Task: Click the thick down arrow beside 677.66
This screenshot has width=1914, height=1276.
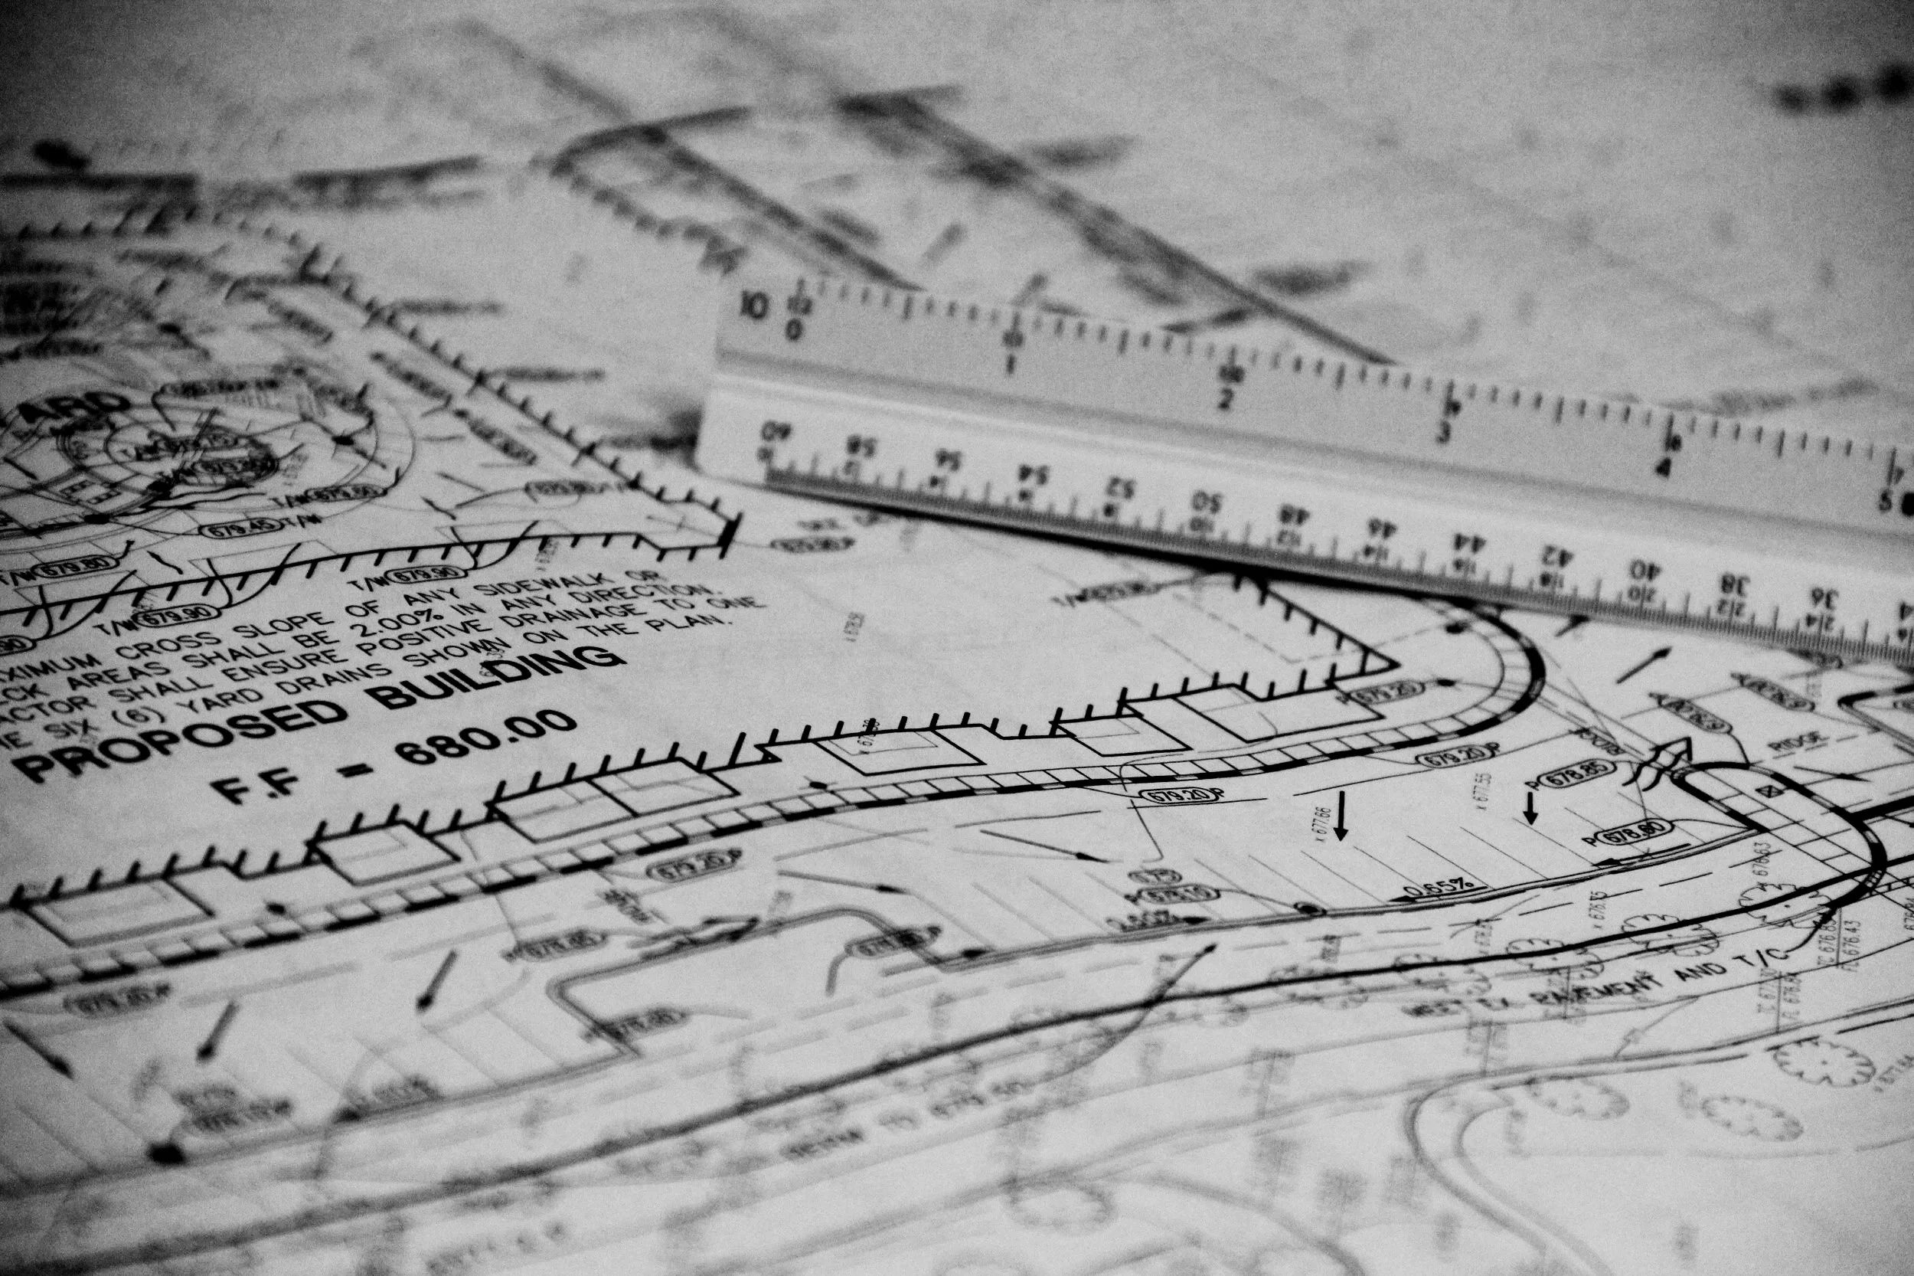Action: point(1341,816)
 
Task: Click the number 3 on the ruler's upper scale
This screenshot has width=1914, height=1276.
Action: point(1444,431)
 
